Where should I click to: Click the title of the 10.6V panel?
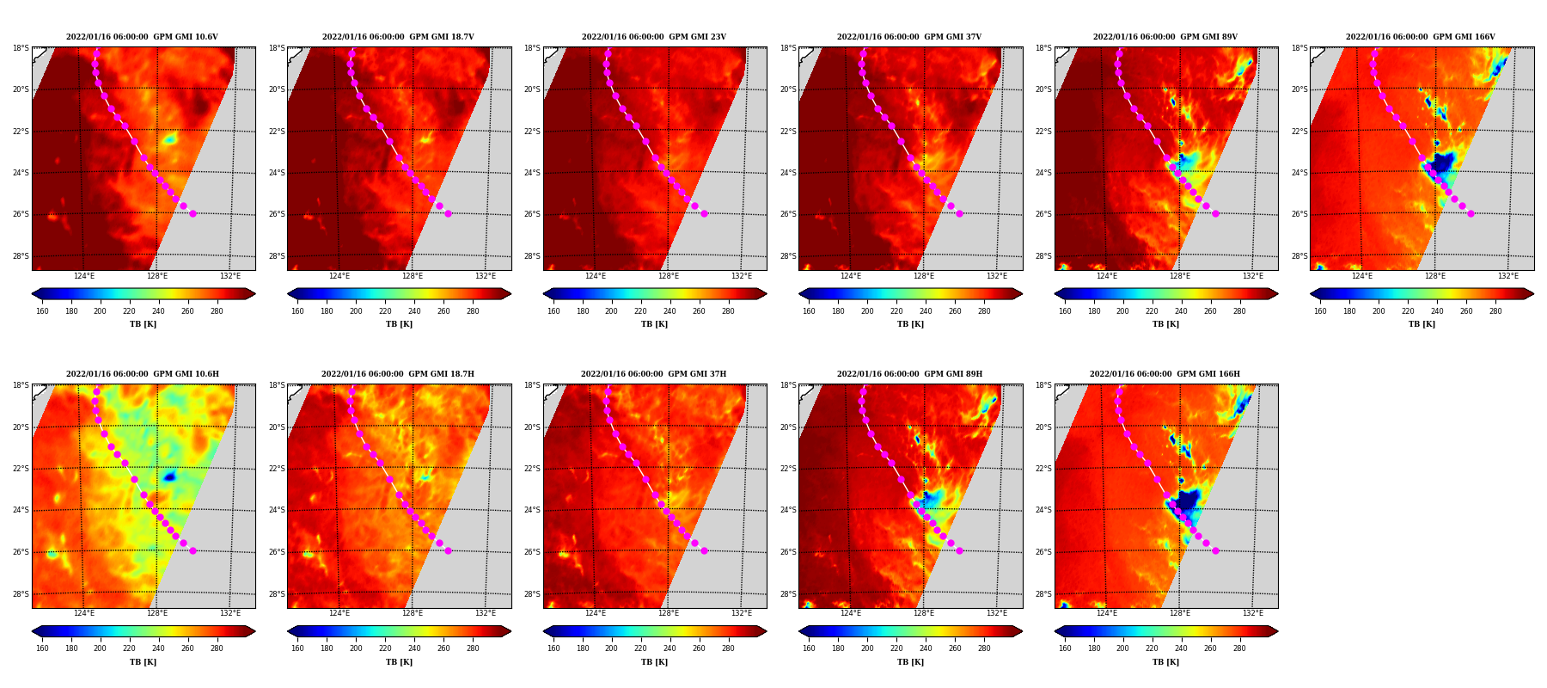tap(142, 37)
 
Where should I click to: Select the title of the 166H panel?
tap(1165, 374)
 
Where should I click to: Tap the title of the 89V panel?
tap(1165, 37)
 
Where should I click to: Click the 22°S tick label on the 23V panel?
tap(532, 132)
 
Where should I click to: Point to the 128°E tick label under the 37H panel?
tap(668, 613)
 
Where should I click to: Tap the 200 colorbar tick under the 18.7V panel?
tap(356, 311)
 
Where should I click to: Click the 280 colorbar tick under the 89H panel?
tap(984, 648)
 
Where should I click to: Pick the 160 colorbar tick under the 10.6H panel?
tap(42, 648)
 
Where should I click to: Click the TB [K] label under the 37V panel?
tap(910, 324)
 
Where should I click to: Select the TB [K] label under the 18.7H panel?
tap(399, 662)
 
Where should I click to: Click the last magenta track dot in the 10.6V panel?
tap(193, 213)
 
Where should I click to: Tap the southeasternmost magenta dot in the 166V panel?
tap(1471, 213)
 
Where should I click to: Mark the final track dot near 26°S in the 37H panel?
tap(704, 550)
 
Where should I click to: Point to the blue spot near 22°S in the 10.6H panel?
tap(169, 476)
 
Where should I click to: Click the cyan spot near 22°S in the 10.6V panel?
tap(169, 138)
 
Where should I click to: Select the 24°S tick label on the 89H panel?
tap(788, 510)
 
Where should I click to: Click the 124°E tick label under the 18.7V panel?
tap(339, 276)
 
